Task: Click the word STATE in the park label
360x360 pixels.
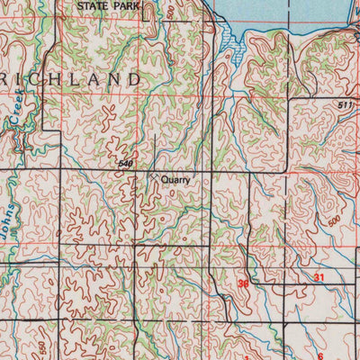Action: [94, 5]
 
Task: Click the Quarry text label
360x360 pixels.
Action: [176, 179]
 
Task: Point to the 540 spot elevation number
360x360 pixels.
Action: [126, 164]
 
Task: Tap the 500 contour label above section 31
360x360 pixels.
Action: [335, 220]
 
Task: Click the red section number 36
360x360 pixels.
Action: [243, 283]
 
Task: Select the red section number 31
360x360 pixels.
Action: [319, 278]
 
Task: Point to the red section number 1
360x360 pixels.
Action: [245, 355]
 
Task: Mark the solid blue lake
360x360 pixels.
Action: [288, 11]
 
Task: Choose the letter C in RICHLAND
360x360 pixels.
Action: [33, 79]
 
